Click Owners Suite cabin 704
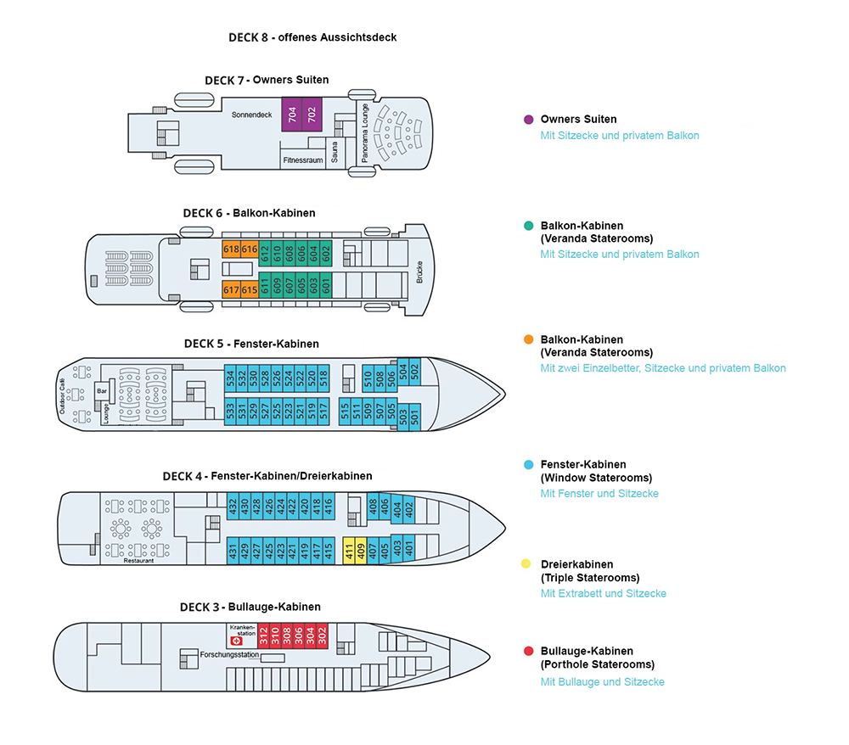pyautogui.click(x=292, y=114)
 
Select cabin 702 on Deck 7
pyautogui.click(x=311, y=114)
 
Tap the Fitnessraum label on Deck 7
pyautogui.click(x=303, y=160)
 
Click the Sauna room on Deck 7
pyautogui.click(x=335, y=154)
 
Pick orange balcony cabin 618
pyautogui.click(x=231, y=249)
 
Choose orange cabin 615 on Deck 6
pyautogui.click(x=249, y=289)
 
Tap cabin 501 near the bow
pyautogui.click(x=414, y=417)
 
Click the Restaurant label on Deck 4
pyautogui.click(x=139, y=561)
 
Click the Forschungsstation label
pyautogui.click(x=229, y=655)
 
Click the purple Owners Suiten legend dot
pyautogui.click(x=528, y=120)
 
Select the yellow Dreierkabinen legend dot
pyautogui.click(x=528, y=564)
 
